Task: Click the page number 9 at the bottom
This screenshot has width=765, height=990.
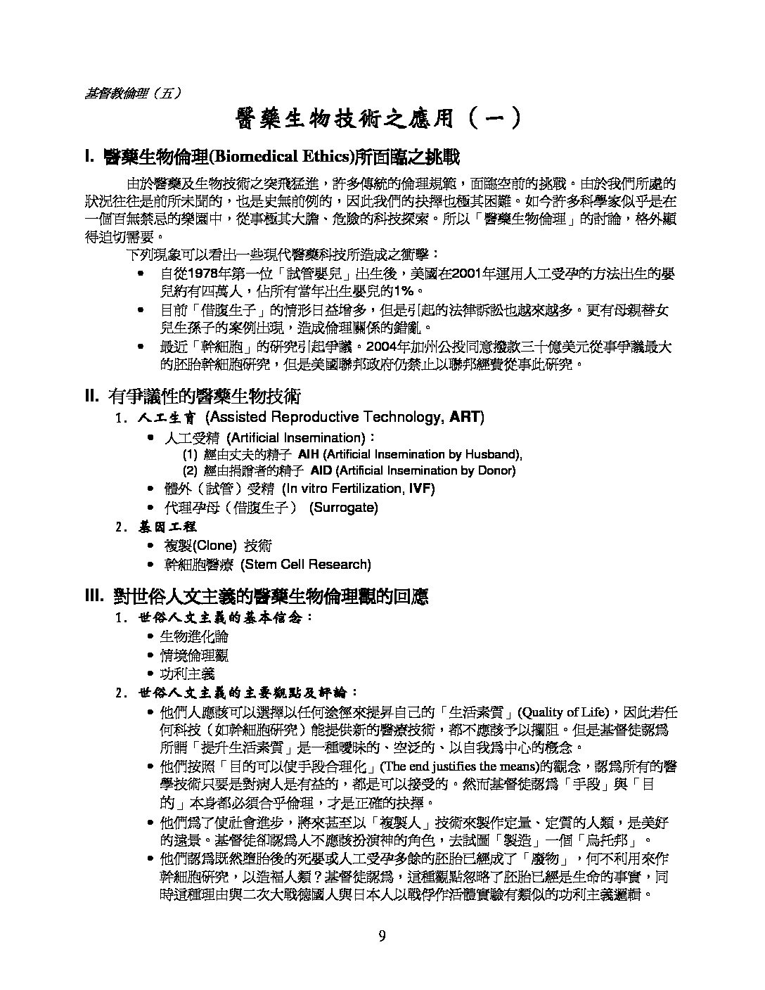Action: tap(382, 935)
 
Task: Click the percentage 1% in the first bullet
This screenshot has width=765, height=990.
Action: tap(404, 290)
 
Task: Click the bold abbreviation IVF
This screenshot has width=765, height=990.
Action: tap(422, 489)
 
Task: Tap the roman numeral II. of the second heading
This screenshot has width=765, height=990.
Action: tap(94, 397)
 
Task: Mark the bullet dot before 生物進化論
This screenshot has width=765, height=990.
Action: tap(150, 637)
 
